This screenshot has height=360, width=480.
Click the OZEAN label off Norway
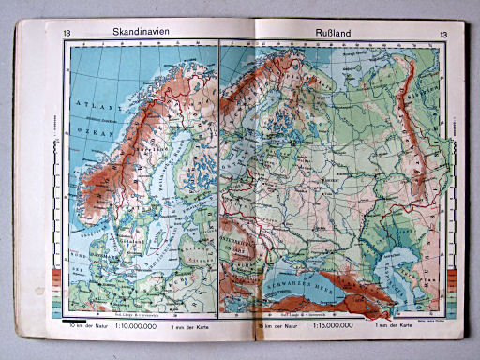click(87, 121)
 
